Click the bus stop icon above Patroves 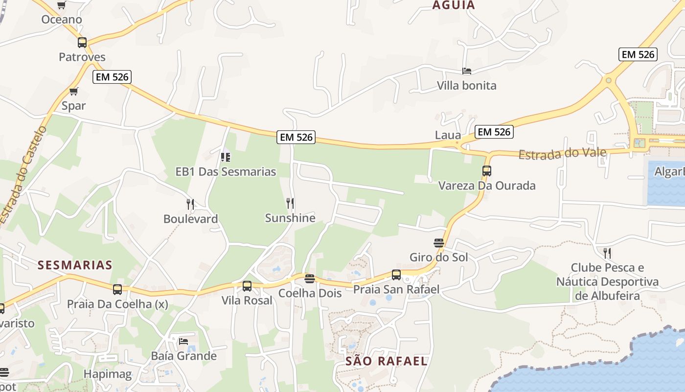[x=82, y=42]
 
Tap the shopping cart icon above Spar [x=74, y=91]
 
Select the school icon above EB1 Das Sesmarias [x=226, y=157]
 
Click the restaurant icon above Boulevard [x=190, y=204]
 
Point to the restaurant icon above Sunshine [x=290, y=203]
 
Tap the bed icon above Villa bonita [x=467, y=71]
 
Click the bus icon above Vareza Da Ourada [x=486, y=171]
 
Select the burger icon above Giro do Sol [x=439, y=243]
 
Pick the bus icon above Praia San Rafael [x=396, y=275]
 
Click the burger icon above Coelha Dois [x=309, y=279]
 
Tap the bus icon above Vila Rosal [x=247, y=286]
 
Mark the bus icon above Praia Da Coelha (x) [x=117, y=289]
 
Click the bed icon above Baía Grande [x=183, y=341]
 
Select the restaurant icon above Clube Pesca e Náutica [x=607, y=253]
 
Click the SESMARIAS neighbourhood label [x=75, y=265]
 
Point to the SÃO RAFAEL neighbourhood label [x=387, y=362]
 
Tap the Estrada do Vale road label [x=562, y=153]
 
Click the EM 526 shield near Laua [x=494, y=132]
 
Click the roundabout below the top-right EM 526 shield [x=608, y=80]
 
